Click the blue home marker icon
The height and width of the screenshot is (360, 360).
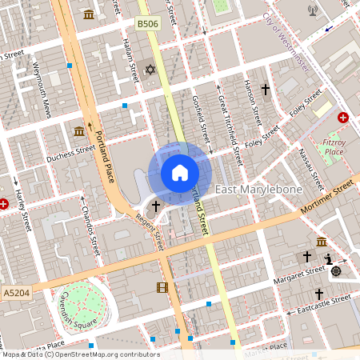coord(180,173)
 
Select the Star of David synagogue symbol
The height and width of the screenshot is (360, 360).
coord(149,70)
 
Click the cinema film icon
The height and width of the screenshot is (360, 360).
coord(163,287)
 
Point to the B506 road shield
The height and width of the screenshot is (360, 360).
coord(147,26)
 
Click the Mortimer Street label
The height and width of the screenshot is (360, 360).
coord(328,196)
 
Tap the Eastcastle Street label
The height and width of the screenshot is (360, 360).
coord(323,305)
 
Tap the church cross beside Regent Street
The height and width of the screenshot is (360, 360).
coord(155,206)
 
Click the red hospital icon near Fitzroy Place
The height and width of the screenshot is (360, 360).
coord(343,118)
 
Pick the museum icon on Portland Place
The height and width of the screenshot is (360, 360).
coord(79,130)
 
